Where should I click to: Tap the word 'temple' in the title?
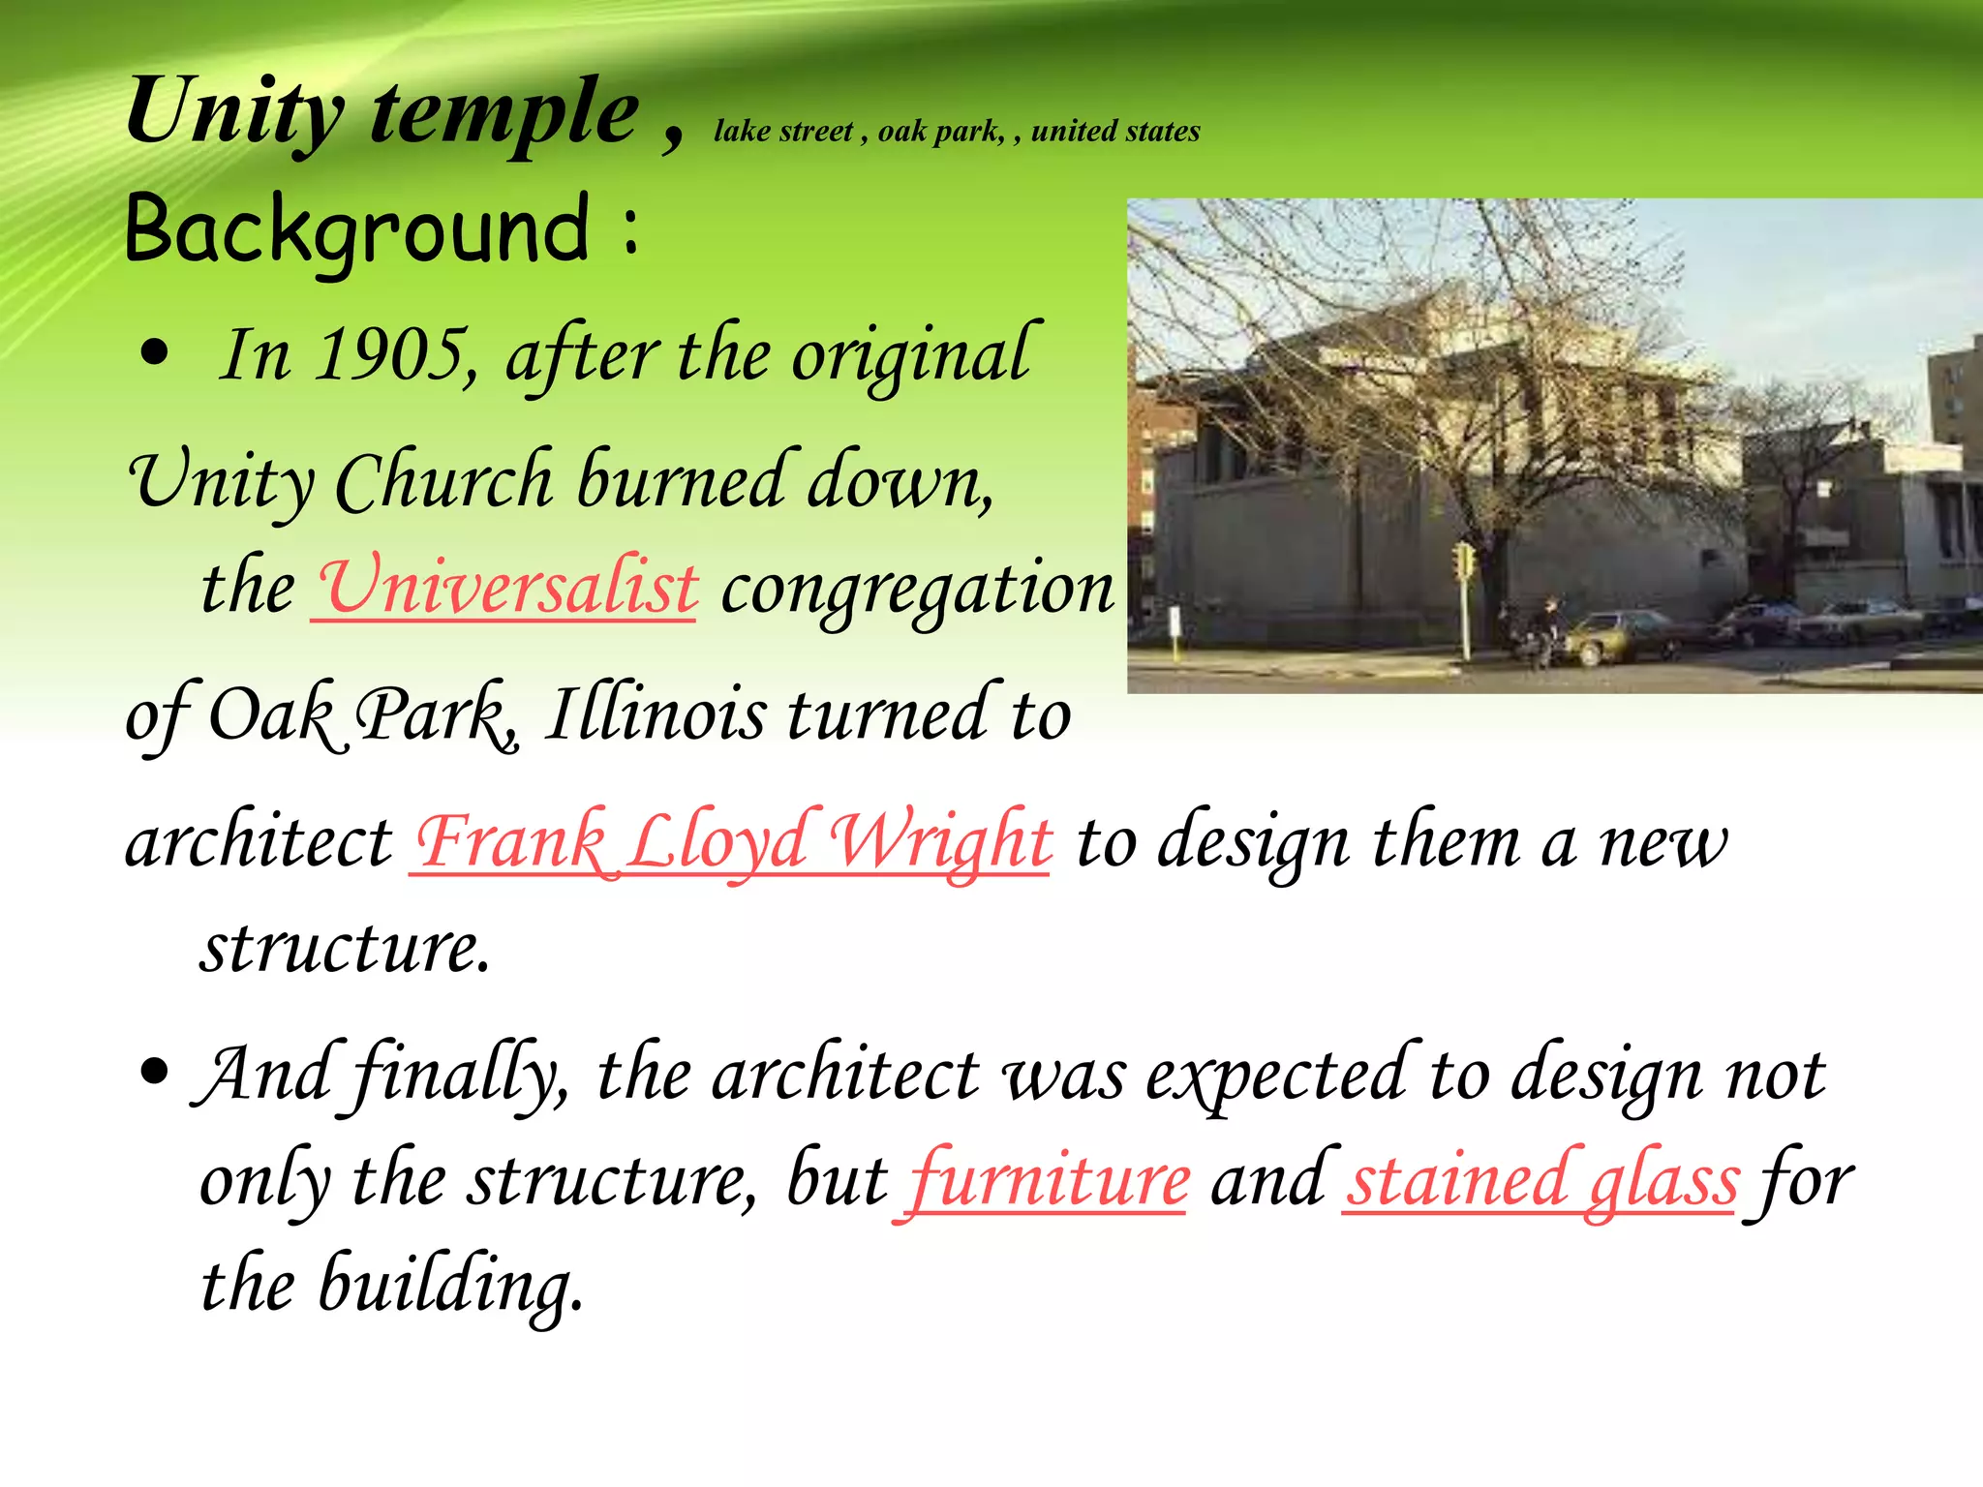point(503,113)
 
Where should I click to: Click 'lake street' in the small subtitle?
point(783,131)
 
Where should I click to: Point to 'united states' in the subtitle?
point(1115,131)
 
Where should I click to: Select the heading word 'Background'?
point(356,228)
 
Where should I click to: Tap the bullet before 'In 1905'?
point(154,353)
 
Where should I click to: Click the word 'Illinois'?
point(655,714)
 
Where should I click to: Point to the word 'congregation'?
point(917,589)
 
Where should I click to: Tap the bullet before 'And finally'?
point(154,1072)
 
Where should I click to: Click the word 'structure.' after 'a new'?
point(346,947)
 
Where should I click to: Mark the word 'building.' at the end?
point(451,1286)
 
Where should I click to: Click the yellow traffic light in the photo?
point(1463,561)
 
